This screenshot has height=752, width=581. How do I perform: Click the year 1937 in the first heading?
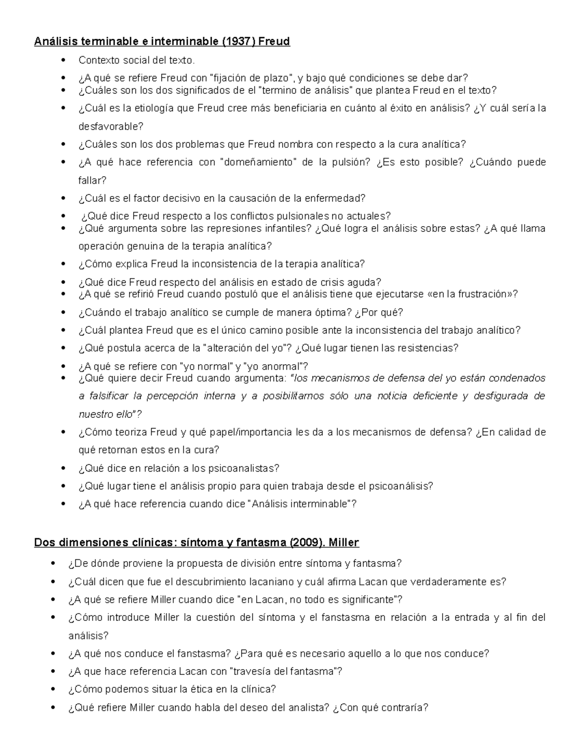pos(239,42)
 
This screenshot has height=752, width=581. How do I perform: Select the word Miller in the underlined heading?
pos(343,543)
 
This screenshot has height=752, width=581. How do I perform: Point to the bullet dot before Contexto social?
pos(63,61)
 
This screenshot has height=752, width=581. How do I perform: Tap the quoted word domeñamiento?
pos(258,162)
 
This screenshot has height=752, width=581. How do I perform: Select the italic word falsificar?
pos(110,396)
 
